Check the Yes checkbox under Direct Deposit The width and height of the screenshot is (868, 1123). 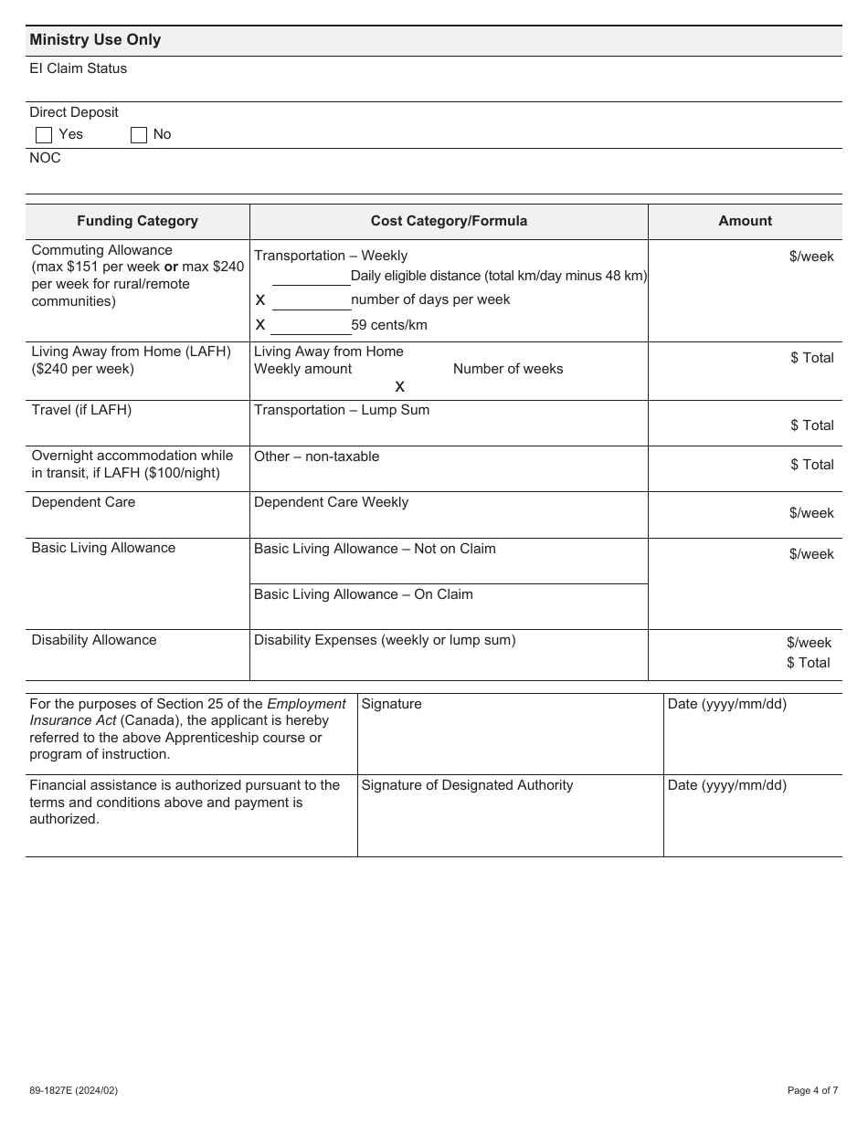[x=44, y=135]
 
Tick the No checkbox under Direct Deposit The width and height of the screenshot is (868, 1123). [x=139, y=135]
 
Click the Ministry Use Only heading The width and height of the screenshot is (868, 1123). [x=95, y=39]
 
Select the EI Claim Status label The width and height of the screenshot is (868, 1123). [x=79, y=68]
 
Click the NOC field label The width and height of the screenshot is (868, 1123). [x=45, y=158]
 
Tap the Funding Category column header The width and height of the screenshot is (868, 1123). [x=137, y=221]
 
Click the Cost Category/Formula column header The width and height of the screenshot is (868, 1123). [x=449, y=221]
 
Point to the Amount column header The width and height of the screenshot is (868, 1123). [x=745, y=221]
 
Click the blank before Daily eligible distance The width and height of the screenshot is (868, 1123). [x=311, y=277]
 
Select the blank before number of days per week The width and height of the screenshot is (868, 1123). [x=311, y=300]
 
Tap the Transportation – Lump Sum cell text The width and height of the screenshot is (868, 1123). [x=342, y=410]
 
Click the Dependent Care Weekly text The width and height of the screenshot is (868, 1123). [x=331, y=502]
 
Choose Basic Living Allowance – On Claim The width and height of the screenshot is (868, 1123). [x=364, y=594]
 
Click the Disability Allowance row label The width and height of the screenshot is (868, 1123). [x=94, y=640]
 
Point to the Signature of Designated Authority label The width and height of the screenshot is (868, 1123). [x=467, y=785]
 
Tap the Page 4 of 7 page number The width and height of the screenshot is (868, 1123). [x=812, y=1090]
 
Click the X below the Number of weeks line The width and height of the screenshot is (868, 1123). [x=399, y=387]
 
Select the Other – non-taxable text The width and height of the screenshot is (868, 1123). [x=316, y=457]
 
